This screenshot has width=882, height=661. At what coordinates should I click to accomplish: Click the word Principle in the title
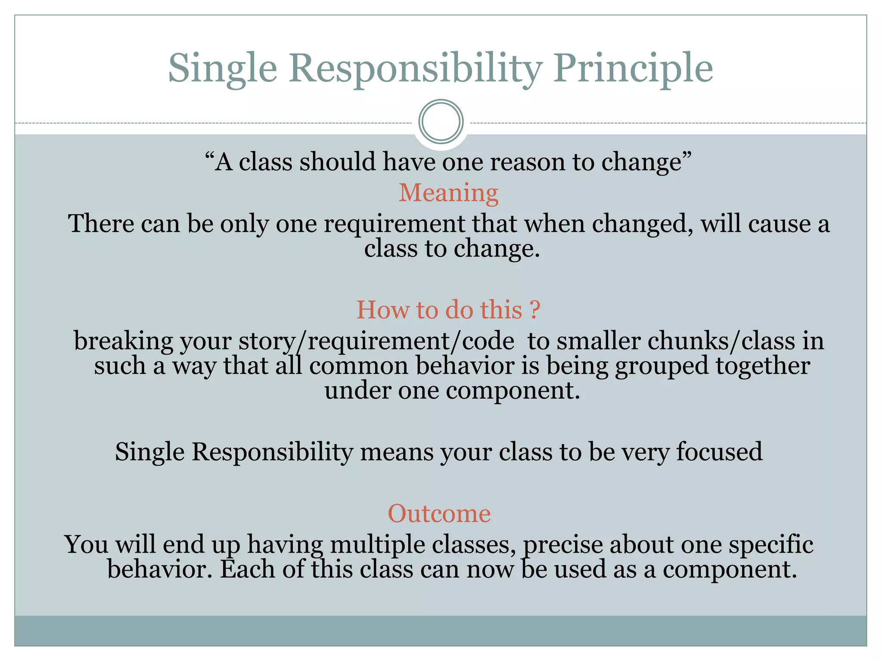(633, 69)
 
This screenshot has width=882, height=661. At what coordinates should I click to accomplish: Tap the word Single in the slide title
(222, 69)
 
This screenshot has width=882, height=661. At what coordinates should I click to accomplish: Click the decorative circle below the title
(441, 122)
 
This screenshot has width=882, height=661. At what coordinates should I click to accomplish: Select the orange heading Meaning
(448, 193)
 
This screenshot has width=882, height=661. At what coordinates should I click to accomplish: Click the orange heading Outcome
(439, 513)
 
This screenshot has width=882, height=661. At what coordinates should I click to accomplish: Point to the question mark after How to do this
(534, 310)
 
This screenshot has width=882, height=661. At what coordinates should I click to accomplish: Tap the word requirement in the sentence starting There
(394, 224)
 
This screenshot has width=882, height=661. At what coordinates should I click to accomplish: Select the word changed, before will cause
(642, 224)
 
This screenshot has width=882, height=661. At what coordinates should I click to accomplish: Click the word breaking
(123, 341)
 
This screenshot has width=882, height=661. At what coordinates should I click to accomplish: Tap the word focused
(719, 452)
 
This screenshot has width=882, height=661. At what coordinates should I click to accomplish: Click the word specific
(770, 544)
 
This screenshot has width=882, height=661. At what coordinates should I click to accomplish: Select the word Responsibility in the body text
(272, 452)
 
